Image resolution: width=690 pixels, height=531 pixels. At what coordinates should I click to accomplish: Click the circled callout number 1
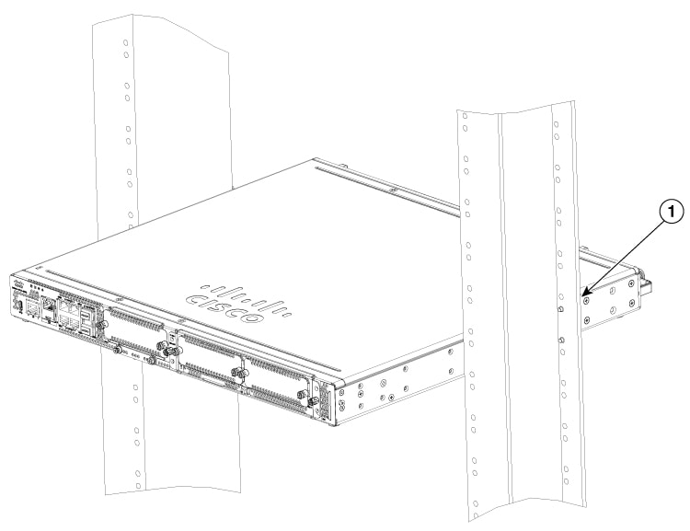671,213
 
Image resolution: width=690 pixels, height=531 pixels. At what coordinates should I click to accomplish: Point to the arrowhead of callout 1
582,295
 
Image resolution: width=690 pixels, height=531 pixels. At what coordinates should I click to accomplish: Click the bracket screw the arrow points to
586,301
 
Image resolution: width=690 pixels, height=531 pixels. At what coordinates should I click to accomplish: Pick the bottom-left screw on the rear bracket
587,319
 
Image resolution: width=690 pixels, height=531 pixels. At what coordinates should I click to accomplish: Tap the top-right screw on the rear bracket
632,283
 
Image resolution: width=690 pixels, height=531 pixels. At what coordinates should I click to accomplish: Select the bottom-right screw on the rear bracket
632,303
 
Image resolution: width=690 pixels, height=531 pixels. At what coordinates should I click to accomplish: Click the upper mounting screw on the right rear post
560,309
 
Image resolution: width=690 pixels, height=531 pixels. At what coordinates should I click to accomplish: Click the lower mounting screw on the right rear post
561,340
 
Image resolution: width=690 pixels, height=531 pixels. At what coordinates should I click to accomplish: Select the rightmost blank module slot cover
276,383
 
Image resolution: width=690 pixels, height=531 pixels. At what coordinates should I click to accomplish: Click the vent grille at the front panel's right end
325,399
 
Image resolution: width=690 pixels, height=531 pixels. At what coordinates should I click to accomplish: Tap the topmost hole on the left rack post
125,42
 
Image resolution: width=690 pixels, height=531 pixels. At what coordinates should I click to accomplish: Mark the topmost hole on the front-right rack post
465,117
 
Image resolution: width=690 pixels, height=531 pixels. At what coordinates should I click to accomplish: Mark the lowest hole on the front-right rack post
477,502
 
